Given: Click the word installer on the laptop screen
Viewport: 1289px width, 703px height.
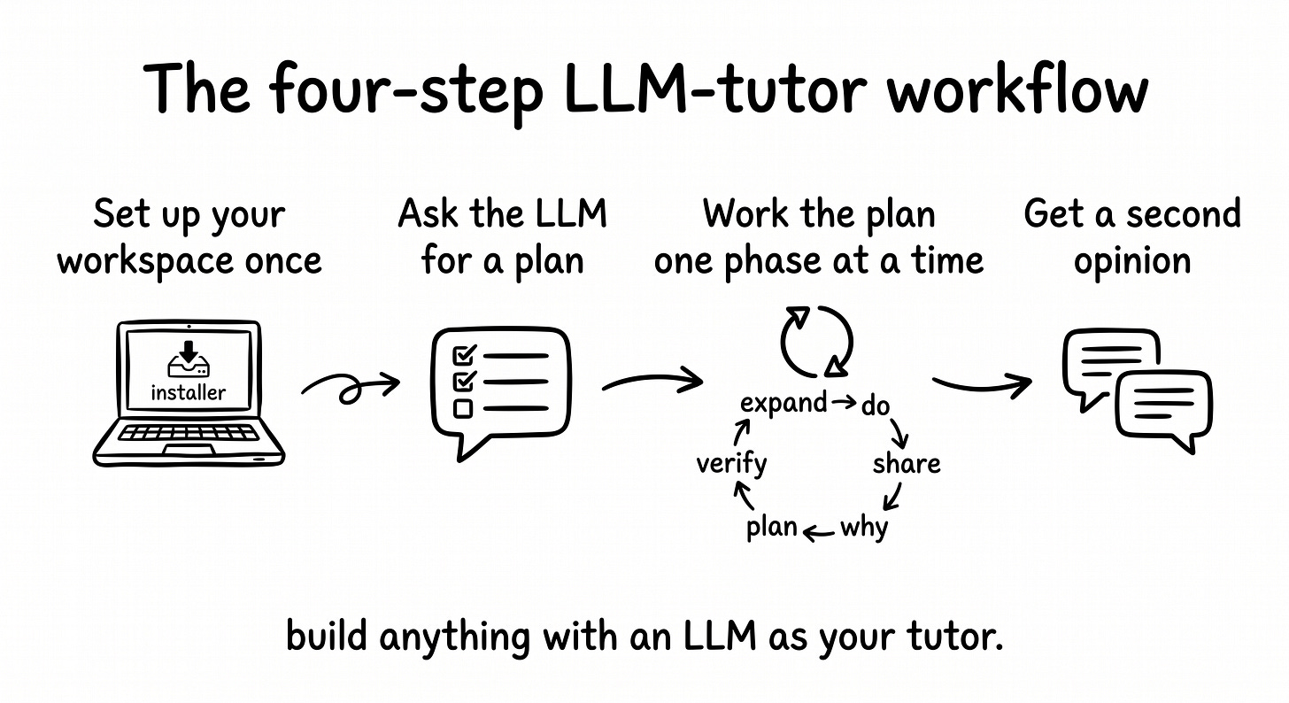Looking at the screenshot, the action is coord(188,392).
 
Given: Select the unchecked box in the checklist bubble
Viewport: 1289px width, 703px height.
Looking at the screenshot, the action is coord(463,408).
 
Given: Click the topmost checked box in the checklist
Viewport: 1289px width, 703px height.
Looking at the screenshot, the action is coord(463,356).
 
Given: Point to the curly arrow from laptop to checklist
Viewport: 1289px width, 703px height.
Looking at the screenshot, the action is coord(349,386).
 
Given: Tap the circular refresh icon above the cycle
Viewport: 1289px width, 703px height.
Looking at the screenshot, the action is coord(815,341).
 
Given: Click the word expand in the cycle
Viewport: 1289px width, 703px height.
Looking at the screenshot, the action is coord(783,403).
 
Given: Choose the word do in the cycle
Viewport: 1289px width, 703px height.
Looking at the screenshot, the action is coord(875,406).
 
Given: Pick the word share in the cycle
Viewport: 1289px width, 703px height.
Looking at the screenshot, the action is coord(906,463).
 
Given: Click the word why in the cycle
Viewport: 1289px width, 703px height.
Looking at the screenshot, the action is coord(863,528).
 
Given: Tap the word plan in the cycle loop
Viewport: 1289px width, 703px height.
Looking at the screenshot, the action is coord(772,528).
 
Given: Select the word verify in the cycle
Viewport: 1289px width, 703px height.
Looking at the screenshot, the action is coord(731,463).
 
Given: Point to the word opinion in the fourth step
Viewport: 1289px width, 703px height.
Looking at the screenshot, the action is coord(1132,261).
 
